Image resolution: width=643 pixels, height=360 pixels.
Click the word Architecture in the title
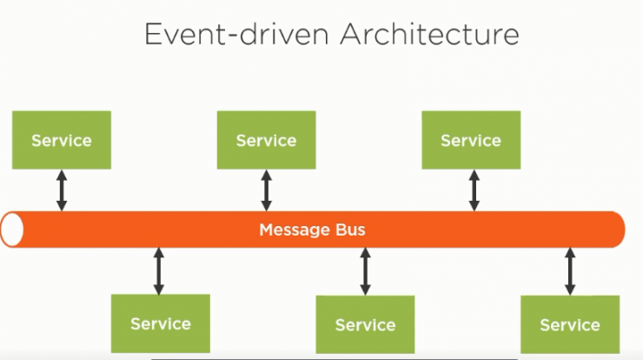click(x=430, y=34)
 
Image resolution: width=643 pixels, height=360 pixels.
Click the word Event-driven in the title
click(x=236, y=34)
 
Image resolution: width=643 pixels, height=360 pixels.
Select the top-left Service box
click(x=62, y=140)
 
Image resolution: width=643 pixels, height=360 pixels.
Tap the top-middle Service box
click(x=266, y=140)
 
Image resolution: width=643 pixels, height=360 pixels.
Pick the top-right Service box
click(x=471, y=140)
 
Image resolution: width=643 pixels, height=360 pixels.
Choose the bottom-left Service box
click(x=161, y=323)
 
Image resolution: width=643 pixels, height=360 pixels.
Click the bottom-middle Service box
click(x=365, y=324)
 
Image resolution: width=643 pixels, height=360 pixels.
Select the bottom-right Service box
click(x=570, y=324)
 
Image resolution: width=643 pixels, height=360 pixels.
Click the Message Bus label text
click(x=312, y=230)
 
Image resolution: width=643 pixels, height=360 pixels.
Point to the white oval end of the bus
click(x=12, y=230)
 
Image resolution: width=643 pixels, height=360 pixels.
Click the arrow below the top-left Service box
click(x=62, y=190)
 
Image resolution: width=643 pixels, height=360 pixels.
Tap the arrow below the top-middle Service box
click(x=267, y=190)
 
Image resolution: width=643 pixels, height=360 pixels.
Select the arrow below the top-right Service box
click(x=474, y=190)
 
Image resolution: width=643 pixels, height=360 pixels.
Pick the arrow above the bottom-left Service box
click(x=159, y=271)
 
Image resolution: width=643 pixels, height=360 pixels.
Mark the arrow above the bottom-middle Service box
click(x=365, y=271)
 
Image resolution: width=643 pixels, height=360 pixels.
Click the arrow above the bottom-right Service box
click(x=570, y=271)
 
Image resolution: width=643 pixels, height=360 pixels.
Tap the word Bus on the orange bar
click(x=350, y=230)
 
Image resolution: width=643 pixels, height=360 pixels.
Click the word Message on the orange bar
click(x=295, y=230)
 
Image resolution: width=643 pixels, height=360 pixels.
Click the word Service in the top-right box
click(x=471, y=141)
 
